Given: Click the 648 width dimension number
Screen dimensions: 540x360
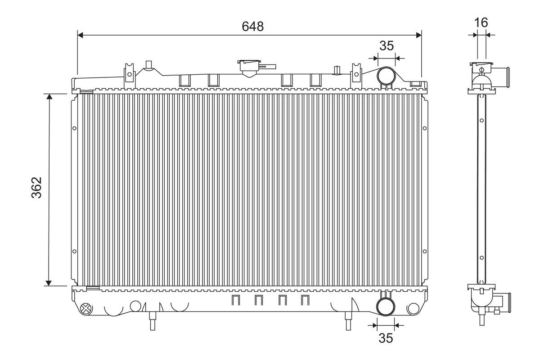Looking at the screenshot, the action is (x=252, y=26).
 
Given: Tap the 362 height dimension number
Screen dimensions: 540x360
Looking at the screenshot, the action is (x=36, y=188).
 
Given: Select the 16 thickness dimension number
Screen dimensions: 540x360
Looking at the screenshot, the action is (x=481, y=22).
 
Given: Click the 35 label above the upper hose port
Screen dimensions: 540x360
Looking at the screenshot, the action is (x=387, y=45).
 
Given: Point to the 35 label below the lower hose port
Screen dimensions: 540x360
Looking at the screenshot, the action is (x=386, y=338).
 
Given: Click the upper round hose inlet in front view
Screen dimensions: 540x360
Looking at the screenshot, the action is (x=386, y=76).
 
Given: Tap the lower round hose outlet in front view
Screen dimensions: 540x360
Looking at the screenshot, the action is (x=386, y=306).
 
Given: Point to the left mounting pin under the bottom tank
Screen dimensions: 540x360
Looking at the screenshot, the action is (x=153, y=321).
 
